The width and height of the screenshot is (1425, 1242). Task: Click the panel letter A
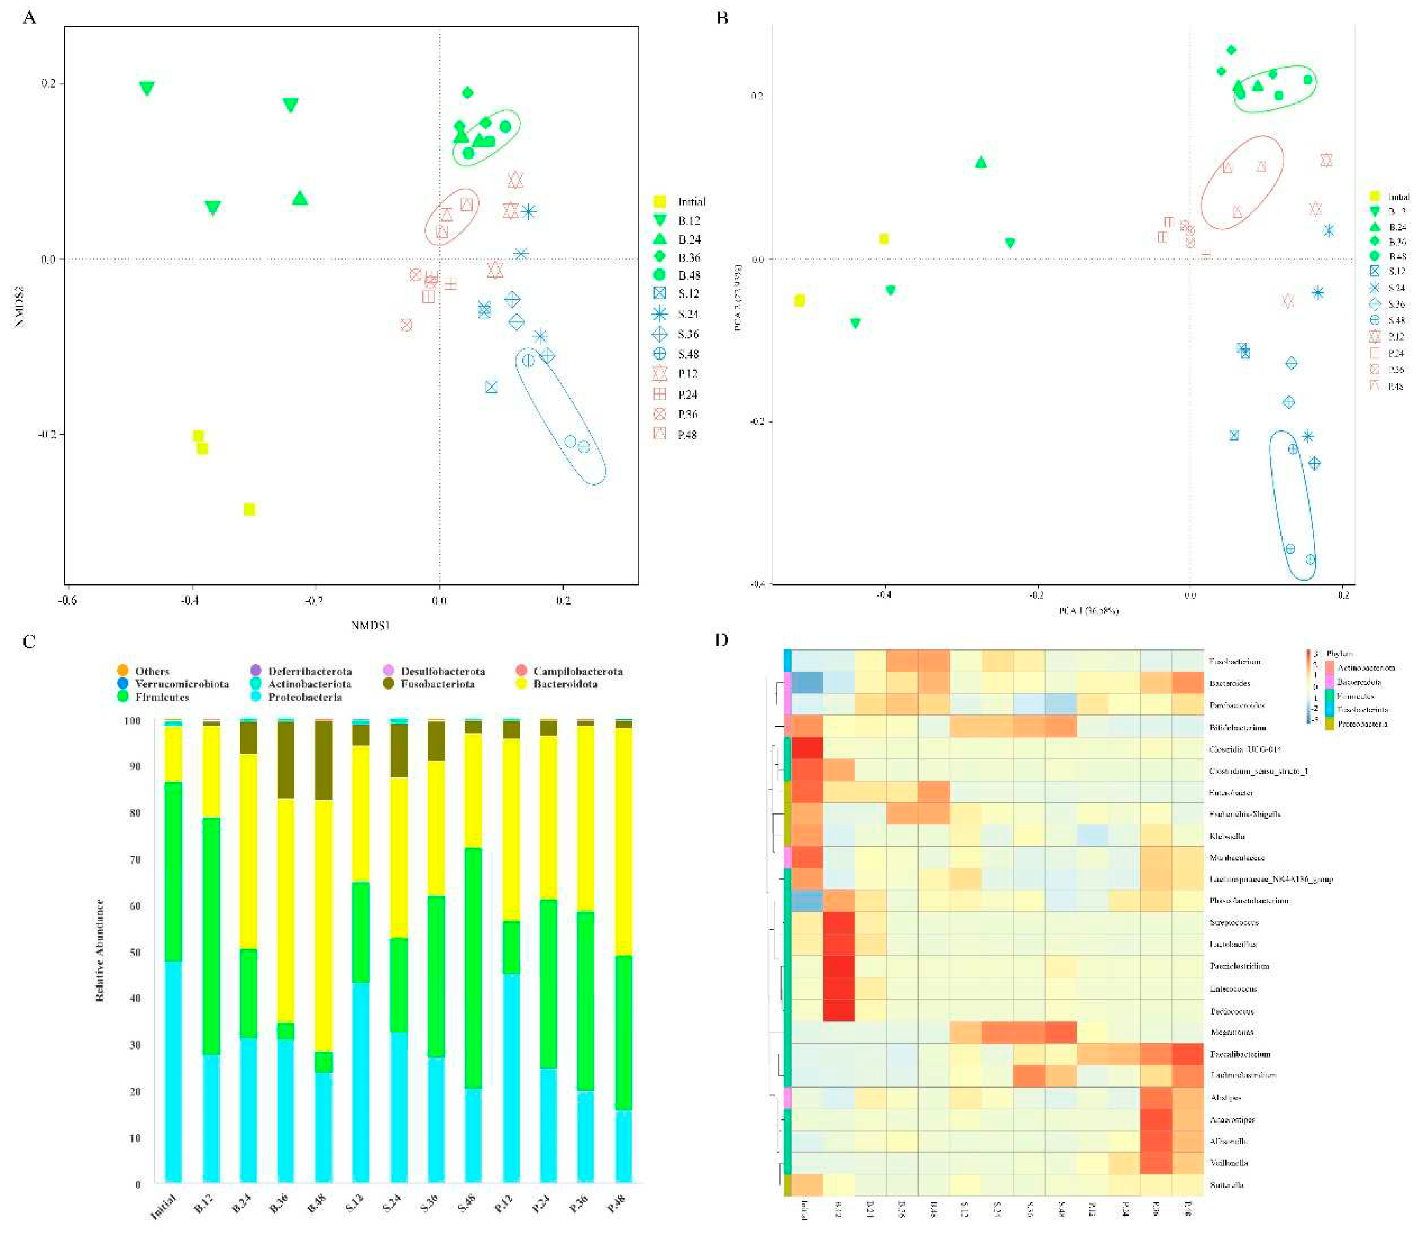point(29,17)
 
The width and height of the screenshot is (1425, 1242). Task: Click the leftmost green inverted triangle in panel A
point(146,88)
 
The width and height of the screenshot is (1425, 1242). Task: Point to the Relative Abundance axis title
point(100,950)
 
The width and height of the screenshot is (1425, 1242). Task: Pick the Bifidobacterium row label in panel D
point(1237,728)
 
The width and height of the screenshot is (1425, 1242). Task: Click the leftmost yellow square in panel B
point(799,301)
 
